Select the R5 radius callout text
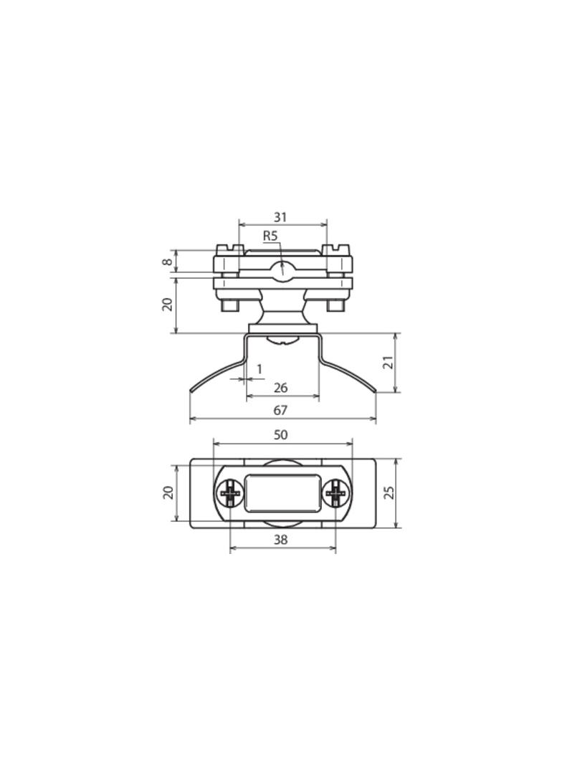click(x=270, y=237)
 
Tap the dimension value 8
click(x=167, y=262)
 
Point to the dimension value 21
click(x=389, y=363)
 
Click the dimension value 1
click(x=259, y=369)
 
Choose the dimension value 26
click(x=280, y=388)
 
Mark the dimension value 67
click(x=280, y=410)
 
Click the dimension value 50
click(x=281, y=434)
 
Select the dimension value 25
click(x=389, y=492)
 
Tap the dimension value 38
click(x=281, y=540)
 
